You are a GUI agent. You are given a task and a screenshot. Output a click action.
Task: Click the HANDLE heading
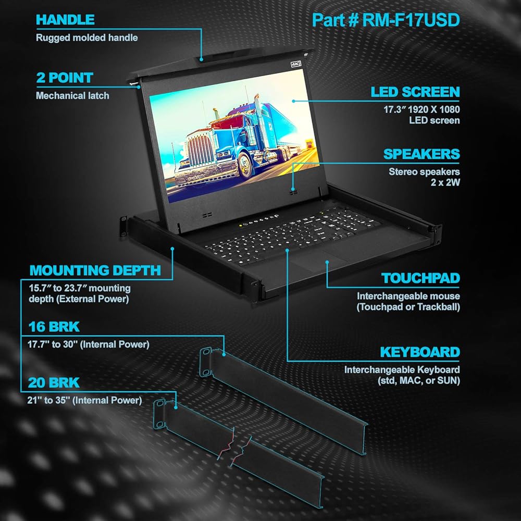pyautogui.click(x=65, y=20)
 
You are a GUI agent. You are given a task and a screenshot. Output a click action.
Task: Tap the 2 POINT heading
pyautogui.click(x=64, y=78)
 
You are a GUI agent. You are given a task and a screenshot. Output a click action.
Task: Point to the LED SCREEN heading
pyautogui.click(x=415, y=93)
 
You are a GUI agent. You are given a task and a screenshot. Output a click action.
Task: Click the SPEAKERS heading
pyautogui.click(x=421, y=154)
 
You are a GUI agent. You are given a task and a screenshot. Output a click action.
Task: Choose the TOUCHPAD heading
pyautogui.click(x=420, y=278)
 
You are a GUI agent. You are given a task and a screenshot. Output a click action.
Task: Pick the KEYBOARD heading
pyautogui.click(x=420, y=352)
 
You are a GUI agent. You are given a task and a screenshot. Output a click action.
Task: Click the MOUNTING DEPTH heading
pyautogui.click(x=95, y=270)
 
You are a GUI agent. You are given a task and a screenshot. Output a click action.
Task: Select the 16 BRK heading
pyautogui.click(x=54, y=327)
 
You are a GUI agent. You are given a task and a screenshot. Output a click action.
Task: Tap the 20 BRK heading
pyautogui.click(x=54, y=383)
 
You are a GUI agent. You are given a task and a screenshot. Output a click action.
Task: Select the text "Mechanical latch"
pyautogui.click(x=72, y=96)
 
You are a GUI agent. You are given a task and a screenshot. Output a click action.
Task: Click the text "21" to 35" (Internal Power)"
pyautogui.click(x=84, y=401)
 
